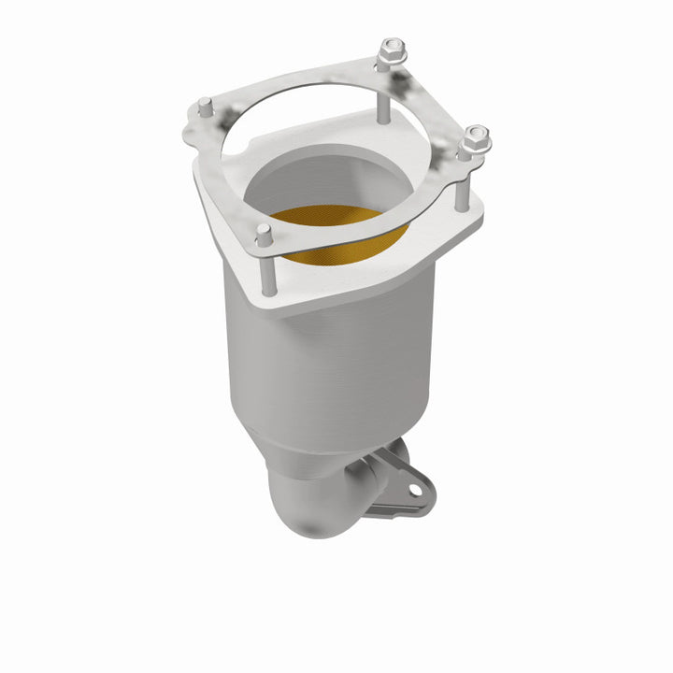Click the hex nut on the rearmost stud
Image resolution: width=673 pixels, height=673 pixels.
pos(393,48)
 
